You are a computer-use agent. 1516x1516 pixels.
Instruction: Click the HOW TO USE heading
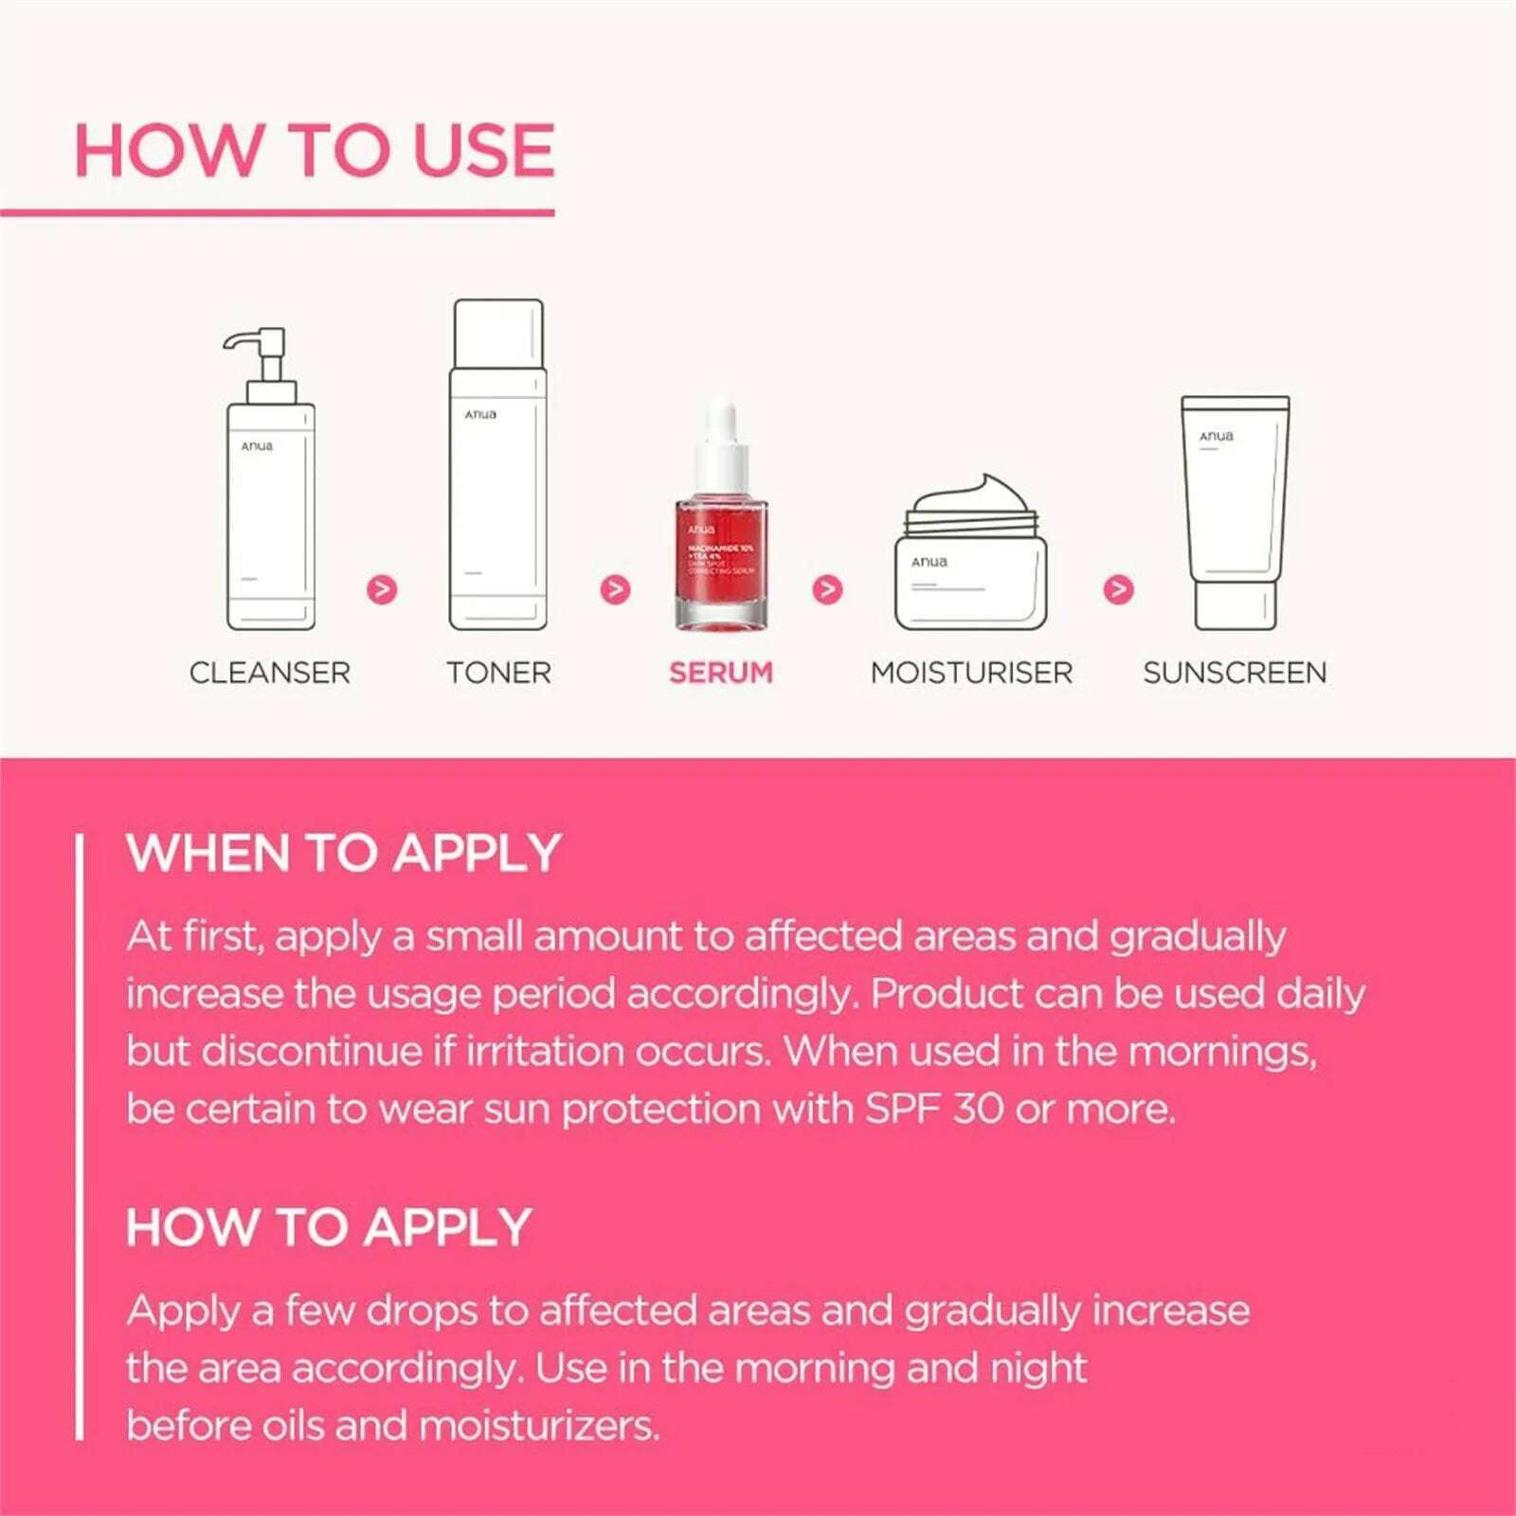314,151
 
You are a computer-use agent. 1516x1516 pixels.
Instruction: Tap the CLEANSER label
270,673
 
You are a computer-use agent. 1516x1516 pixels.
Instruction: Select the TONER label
498,673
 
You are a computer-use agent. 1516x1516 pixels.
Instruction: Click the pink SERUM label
721,673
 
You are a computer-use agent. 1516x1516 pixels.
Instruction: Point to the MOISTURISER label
971,673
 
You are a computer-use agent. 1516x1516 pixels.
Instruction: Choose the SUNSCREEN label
1235,673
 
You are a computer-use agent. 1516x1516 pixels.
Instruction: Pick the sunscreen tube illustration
1235,512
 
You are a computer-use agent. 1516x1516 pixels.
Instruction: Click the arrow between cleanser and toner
382,589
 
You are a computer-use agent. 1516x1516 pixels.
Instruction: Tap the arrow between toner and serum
616,589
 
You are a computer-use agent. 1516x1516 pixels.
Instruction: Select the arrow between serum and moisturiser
827,589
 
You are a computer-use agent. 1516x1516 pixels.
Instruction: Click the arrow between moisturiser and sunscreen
1119,589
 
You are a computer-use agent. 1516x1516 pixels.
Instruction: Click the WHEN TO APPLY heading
344,853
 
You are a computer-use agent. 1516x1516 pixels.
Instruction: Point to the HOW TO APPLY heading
329,1227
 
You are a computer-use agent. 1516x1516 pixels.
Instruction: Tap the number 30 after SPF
978,1109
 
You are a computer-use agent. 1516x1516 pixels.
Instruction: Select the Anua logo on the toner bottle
480,415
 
